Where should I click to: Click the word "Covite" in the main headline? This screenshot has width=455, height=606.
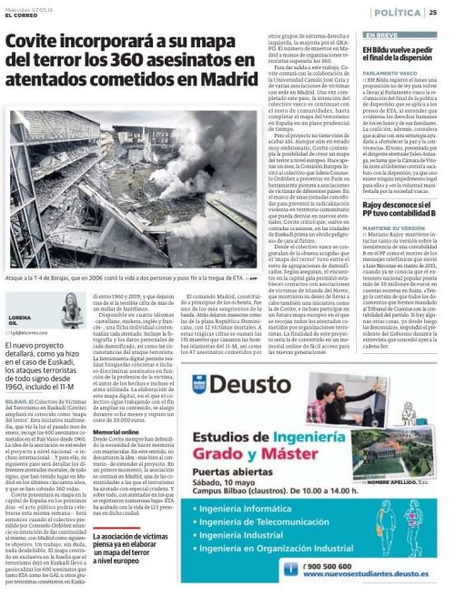click(x=36, y=43)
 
